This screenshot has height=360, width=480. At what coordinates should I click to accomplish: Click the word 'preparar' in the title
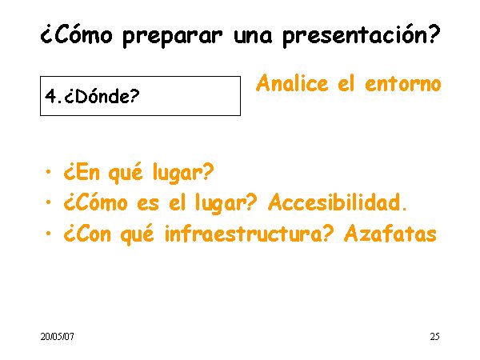tap(172, 37)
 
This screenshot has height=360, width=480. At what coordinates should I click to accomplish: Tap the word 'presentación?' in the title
tap(362, 35)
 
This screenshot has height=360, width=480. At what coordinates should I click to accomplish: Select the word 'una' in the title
tap(253, 37)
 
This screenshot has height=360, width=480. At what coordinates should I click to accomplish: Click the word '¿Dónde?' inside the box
tap(102, 97)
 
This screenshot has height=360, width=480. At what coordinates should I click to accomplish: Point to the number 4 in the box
tap(50, 96)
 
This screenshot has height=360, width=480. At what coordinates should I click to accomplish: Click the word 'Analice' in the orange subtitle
tap(292, 83)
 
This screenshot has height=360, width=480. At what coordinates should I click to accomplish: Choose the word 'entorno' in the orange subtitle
tap(403, 84)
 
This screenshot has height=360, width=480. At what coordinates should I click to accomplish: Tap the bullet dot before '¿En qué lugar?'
tap(48, 172)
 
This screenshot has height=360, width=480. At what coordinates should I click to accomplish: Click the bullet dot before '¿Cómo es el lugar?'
tap(48, 202)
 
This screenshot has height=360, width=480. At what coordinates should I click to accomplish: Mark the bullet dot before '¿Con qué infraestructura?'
tap(48, 234)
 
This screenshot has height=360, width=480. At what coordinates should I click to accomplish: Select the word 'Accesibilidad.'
tap(338, 202)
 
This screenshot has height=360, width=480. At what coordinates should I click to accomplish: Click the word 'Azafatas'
tap(390, 234)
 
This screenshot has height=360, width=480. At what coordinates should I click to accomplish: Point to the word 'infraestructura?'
tap(249, 234)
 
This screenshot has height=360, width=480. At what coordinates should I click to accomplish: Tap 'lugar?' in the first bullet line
tap(183, 173)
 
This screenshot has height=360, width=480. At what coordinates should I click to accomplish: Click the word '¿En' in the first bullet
tap(82, 172)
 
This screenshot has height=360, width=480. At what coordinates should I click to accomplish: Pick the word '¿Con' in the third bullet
tap(87, 234)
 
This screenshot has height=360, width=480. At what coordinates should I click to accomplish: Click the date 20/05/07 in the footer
tap(58, 337)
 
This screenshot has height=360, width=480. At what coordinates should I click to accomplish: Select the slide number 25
tap(435, 337)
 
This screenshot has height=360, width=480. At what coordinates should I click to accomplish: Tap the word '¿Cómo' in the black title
tap(76, 34)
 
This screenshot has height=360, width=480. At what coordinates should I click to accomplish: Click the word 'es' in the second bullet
tap(148, 204)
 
